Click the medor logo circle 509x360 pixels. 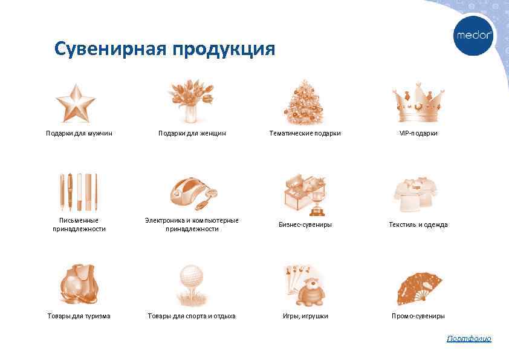[x=474, y=35]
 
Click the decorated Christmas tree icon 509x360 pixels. [x=304, y=102]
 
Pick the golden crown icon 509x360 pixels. [x=418, y=102]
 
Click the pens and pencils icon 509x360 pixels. [x=79, y=191]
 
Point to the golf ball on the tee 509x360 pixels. [x=191, y=277]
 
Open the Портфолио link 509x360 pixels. [x=468, y=338]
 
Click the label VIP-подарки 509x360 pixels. [x=418, y=133]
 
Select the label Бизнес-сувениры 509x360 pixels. [x=305, y=224]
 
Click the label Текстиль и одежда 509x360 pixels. [x=418, y=224]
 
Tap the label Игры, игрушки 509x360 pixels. [x=305, y=316]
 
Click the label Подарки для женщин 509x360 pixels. [x=192, y=133]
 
